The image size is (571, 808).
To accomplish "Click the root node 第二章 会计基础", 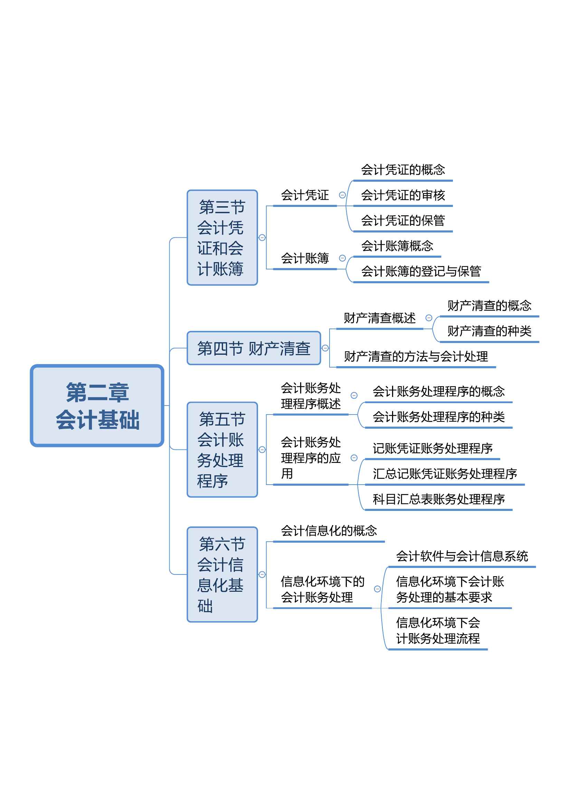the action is (97, 406).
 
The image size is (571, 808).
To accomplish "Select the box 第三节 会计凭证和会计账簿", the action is (222, 238).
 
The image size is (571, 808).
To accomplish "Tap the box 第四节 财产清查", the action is (254, 348).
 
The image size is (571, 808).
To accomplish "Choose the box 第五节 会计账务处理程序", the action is (222, 449).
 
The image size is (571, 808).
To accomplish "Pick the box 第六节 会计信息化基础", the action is (222, 574).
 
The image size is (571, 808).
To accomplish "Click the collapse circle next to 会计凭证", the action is (342, 195).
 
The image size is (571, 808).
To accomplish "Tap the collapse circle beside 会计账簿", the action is (342, 258).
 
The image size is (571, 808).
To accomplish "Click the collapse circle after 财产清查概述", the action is (429, 318).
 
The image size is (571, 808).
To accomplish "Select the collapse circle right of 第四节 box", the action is (325, 348).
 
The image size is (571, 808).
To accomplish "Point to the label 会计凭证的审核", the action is (403, 195).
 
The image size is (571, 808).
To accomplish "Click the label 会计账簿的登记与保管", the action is (421, 271).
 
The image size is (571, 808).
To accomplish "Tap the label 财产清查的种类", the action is (489, 331).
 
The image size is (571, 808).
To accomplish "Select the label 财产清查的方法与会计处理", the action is (416, 356).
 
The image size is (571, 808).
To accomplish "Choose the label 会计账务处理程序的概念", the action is (439, 391).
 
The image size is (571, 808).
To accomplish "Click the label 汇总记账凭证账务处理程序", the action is (445, 474).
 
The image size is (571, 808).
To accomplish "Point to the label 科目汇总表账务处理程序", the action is (439, 499).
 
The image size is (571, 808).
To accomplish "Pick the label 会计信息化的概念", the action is (329, 531).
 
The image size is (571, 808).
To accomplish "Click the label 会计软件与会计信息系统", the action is (462, 556).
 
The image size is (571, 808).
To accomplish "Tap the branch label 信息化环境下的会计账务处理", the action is (323, 589).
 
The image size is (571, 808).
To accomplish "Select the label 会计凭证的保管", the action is (403, 221).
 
